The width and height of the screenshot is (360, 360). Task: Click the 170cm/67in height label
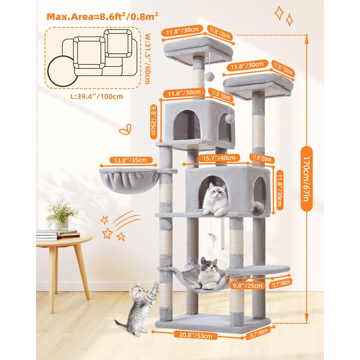coord(307,178)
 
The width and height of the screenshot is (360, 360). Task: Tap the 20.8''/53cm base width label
coord(195,335)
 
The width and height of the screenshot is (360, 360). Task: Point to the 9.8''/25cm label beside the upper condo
coord(154,121)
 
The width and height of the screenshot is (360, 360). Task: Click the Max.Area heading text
coord(102,16)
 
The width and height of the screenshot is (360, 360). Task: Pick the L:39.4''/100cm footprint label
coord(97,97)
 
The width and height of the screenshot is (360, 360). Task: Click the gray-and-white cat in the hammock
coord(208,274)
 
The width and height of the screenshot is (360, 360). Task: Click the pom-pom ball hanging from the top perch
coord(209,77)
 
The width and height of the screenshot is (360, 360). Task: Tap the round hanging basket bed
coord(129,181)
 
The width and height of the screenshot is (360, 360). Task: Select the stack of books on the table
coord(58,235)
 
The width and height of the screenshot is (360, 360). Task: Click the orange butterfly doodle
coord(125,129)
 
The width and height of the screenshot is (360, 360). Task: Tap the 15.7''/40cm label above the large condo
coord(219,158)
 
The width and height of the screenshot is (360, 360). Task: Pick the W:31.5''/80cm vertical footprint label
coord(148,59)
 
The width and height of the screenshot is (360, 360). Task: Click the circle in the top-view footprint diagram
coord(63,71)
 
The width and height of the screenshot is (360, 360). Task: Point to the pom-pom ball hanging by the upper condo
coord(229,119)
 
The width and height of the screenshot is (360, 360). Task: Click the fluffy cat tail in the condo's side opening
coord(259,207)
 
